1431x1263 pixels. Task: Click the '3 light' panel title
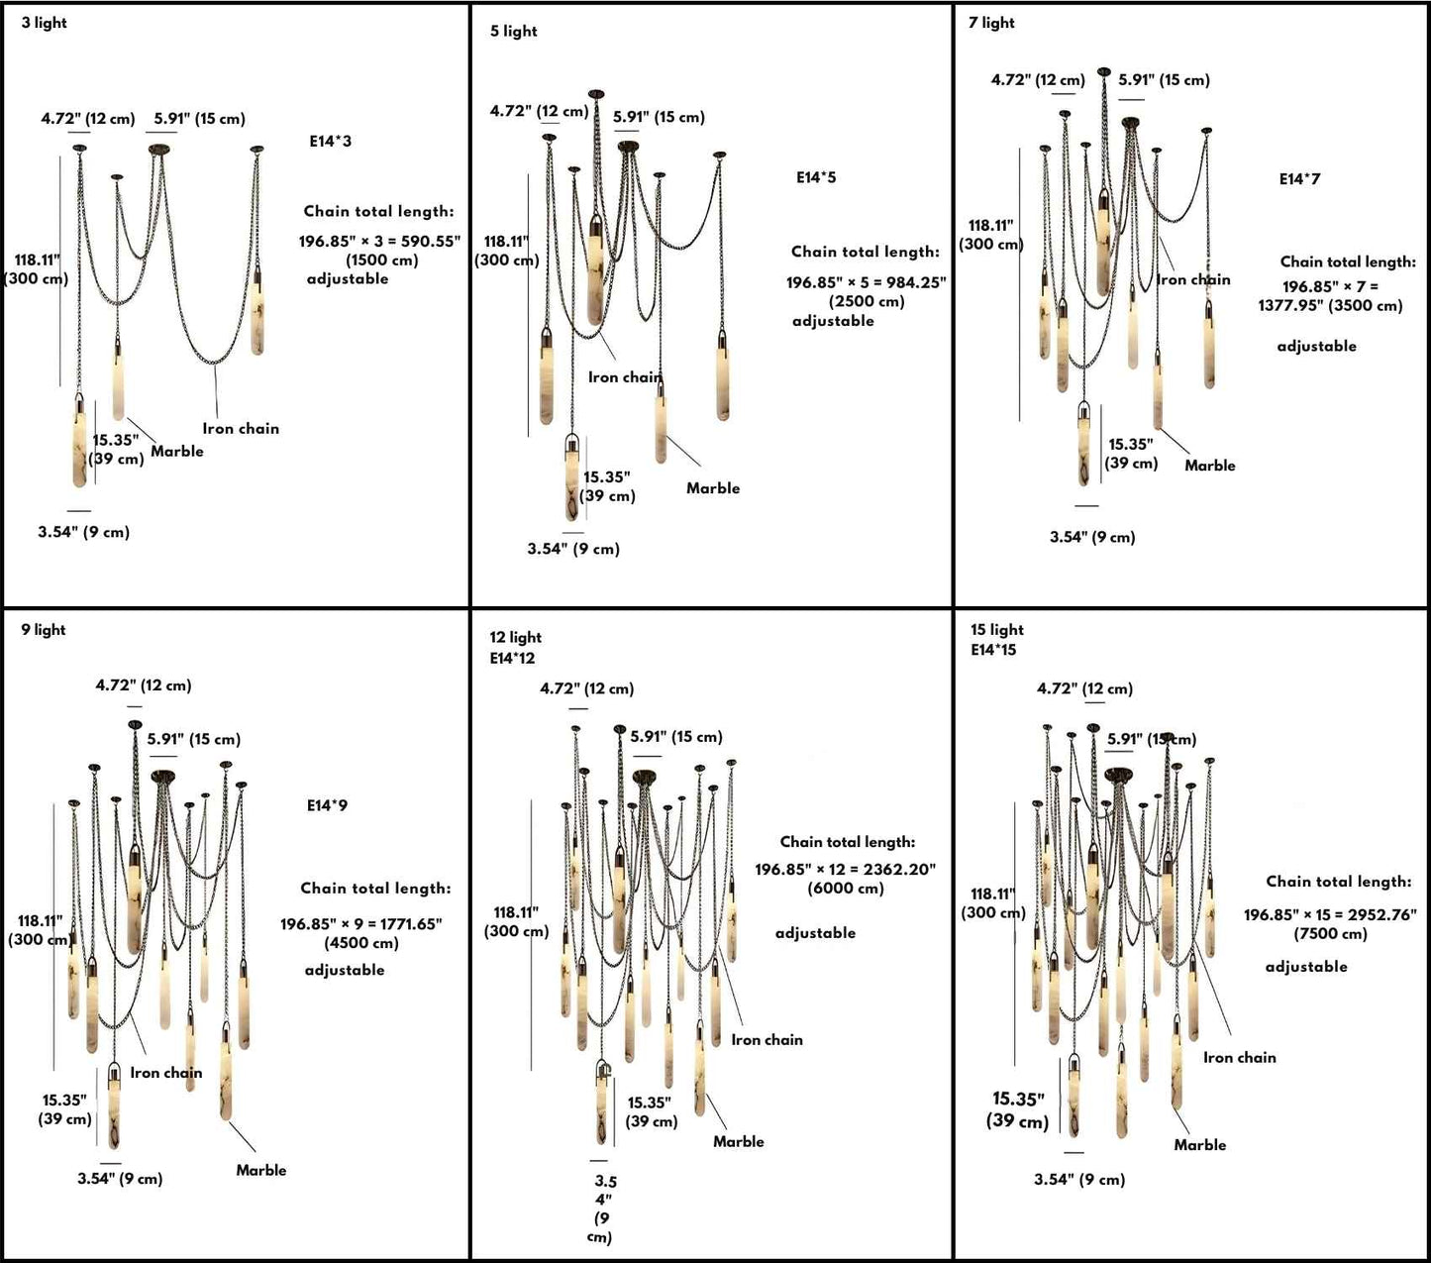point(45,23)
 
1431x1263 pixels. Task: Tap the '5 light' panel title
point(513,32)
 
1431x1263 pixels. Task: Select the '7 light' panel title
point(991,23)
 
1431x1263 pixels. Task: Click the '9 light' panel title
point(44,630)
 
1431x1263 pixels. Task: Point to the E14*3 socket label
point(330,142)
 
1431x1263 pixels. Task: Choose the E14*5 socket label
point(816,178)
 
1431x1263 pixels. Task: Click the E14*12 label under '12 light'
point(512,659)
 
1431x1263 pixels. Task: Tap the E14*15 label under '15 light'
point(993,651)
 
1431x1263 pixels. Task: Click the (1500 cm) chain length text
point(382,261)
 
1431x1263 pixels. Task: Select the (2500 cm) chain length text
point(867,302)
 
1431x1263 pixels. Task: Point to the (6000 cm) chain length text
point(846,889)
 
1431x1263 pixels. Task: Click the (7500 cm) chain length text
point(1330,934)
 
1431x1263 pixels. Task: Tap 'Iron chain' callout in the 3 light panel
point(241,429)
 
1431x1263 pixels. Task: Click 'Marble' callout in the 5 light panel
point(713,488)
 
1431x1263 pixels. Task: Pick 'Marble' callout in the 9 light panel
point(261,1171)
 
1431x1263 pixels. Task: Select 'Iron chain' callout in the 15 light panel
point(1240,1058)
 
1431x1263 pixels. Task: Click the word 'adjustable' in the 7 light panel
point(1316,347)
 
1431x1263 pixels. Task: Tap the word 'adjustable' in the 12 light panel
point(815,933)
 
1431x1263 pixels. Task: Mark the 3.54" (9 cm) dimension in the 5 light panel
point(573,550)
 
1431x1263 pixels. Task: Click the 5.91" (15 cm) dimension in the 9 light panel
point(194,740)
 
